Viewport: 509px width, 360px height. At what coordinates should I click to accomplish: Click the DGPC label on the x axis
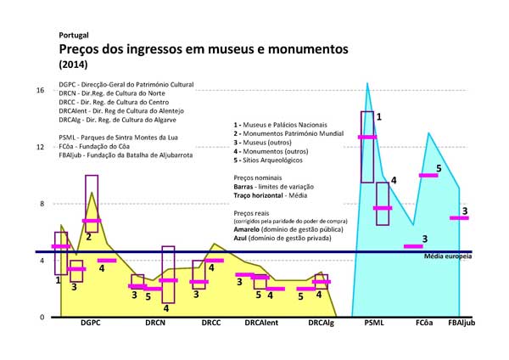point(91,323)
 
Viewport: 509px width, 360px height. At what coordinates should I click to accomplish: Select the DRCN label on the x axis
point(155,323)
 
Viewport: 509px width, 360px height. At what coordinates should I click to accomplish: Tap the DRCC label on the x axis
point(211,323)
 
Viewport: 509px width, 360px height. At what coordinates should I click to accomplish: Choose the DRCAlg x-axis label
point(321,323)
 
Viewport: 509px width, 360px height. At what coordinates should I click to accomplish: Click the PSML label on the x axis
point(374,323)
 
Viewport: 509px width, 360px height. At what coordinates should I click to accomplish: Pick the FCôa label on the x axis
point(426,323)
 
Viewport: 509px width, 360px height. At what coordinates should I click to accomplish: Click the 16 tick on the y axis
point(40,89)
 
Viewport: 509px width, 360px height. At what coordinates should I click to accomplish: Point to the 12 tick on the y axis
point(40,146)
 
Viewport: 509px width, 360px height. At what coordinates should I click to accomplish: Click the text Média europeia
point(447,256)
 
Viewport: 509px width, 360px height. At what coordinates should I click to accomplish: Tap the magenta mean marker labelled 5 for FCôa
point(428,176)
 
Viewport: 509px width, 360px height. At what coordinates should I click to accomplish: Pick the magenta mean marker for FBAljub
point(459,218)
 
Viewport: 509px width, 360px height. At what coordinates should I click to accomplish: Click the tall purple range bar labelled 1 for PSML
point(367,146)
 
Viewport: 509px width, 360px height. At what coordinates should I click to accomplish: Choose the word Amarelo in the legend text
point(249,230)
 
